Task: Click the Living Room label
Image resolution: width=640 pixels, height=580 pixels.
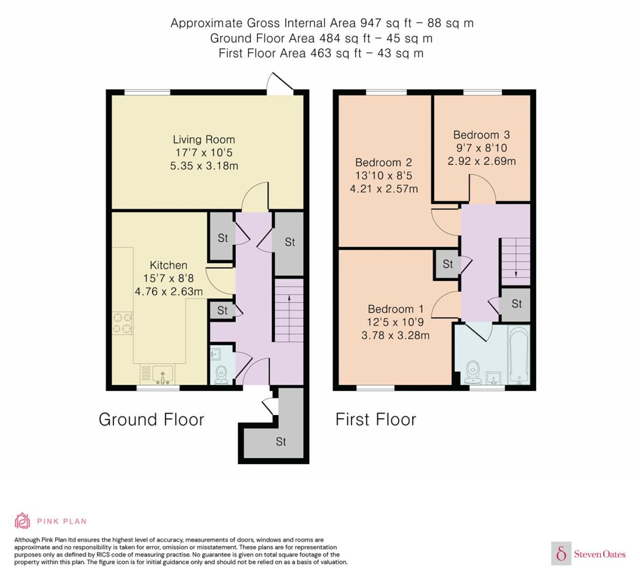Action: [204, 140]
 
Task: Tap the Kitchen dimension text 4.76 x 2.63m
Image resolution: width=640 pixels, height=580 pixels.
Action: [169, 291]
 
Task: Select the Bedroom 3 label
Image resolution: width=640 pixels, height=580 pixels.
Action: [481, 135]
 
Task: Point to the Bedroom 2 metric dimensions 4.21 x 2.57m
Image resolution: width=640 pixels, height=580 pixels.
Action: [384, 189]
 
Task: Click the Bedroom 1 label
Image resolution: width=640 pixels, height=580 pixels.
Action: [395, 309]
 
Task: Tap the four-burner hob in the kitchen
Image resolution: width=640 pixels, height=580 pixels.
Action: [123, 323]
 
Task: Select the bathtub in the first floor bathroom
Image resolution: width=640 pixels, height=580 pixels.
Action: [519, 355]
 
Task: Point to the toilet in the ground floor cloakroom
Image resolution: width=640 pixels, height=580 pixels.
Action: [221, 375]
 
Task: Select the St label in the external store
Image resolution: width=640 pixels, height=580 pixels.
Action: [281, 442]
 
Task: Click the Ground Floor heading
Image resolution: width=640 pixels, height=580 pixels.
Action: [151, 419]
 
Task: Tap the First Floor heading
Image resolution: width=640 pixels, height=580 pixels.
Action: [376, 419]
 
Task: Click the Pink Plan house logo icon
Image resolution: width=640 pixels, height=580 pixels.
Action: [22, 521]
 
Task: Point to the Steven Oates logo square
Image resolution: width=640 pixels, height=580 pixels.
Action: [561, 553]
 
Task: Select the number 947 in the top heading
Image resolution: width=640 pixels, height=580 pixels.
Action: [371, 23]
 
